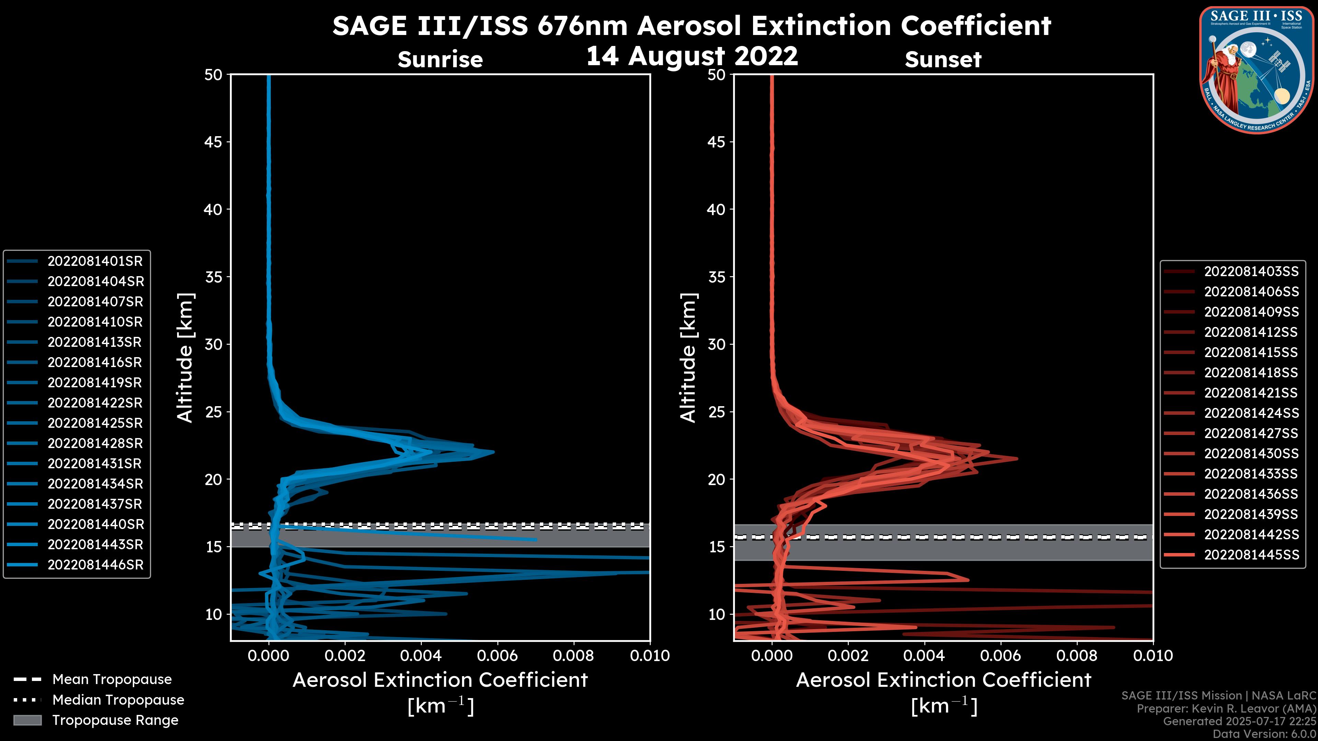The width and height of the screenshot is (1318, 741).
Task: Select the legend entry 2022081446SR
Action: click(x=95, y=565)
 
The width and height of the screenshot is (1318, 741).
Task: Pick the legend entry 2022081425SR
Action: click(x=95, y=423)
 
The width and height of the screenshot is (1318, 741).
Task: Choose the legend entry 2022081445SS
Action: click(x=1251, y=555)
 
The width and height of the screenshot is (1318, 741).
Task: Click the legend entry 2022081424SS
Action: click(x=1251, y=413)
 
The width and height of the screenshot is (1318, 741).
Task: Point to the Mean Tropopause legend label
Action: click(x=112, y=680)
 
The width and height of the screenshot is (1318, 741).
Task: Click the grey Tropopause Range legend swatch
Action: click(x=27, y=720)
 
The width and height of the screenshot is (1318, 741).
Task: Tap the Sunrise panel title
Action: click(x=440, y=60)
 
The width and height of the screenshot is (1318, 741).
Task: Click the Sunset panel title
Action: click(x=943, y=60)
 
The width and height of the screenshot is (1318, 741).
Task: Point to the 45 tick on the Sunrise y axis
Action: click(x=213, y=142)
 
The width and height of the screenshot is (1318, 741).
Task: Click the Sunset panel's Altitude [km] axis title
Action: click(x=688, y=358)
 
